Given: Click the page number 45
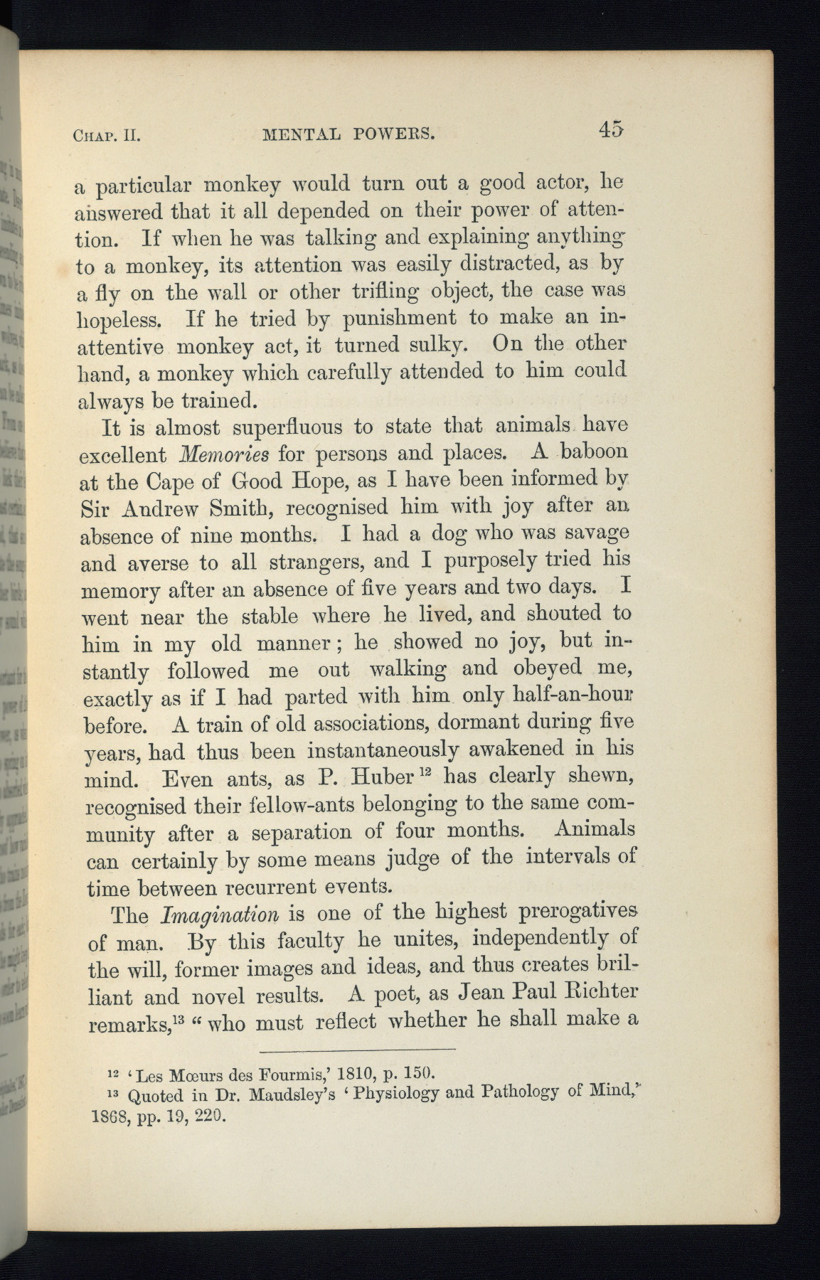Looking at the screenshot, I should pyautogui.click(x=611, y=129).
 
